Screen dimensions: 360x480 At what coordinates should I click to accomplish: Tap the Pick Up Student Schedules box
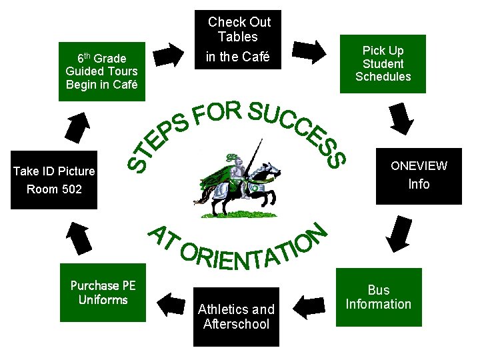[383, 64]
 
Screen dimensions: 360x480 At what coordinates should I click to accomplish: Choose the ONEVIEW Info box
[419, 175]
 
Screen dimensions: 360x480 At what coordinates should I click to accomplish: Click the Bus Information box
[379, 297]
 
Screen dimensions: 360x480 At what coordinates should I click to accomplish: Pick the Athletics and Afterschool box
[237, 317]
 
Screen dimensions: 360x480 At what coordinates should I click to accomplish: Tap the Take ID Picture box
[54, 180]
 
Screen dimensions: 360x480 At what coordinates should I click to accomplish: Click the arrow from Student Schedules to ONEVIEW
[402, 118]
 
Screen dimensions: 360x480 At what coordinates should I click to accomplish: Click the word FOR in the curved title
[217, 113]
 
